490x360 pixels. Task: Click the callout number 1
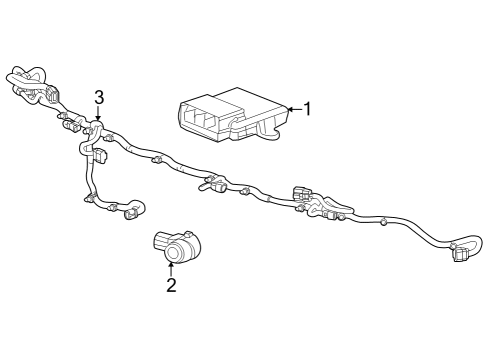[308, 109]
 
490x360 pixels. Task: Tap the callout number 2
[171, 285]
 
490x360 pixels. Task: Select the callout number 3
[98, 97]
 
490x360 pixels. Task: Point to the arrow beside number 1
[293, 109]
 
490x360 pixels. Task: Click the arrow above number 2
[171, 267]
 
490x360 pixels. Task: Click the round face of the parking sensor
[175, 252]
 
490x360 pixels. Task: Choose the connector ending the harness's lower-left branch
[131, 213]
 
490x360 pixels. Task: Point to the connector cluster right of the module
[305, 194]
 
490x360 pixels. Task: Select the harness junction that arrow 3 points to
[97, 130]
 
